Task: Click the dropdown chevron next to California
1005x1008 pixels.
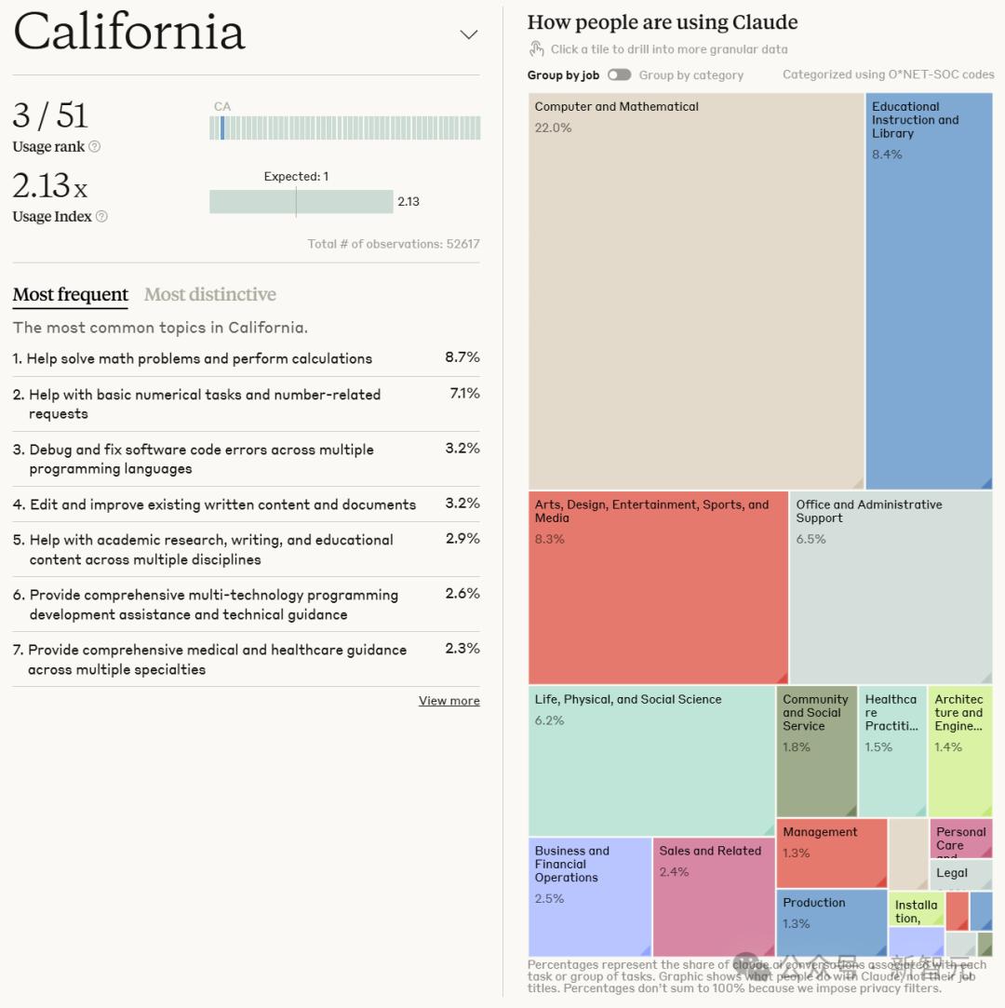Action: tap(469, 35)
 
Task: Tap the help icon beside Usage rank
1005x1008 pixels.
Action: tap(94, 147)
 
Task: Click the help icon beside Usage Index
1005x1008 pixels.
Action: tap(101, 217)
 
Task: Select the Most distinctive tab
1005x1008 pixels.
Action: tap(210, 295)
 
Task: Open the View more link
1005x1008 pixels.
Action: tap(449, 701)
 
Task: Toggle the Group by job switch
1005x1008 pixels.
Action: tap(619, 75)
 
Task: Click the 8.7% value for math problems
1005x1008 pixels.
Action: tap(462, 357)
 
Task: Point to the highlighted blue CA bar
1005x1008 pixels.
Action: tap(222, 128)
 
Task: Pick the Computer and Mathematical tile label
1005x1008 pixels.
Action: tap(616, 107)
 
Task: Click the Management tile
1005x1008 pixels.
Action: tap(831, 852)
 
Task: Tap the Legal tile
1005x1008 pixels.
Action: tap(958, 874)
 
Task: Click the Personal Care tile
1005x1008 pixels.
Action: tap(960, 838)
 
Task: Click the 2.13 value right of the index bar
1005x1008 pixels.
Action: tap(409, 201)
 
